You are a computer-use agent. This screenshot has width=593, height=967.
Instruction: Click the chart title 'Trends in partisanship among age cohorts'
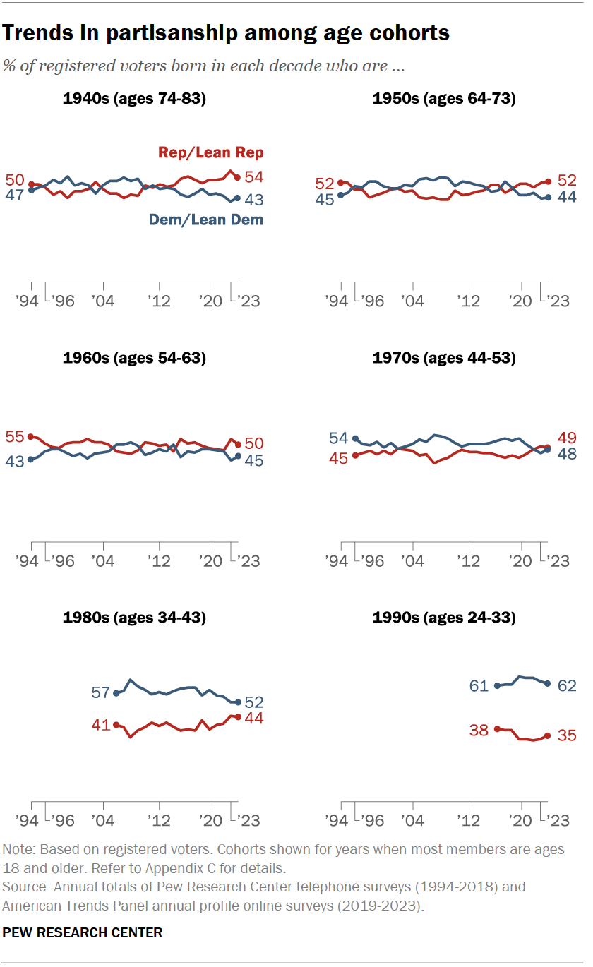(227, 32)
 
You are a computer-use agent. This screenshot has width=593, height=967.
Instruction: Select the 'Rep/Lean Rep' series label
(210, 152)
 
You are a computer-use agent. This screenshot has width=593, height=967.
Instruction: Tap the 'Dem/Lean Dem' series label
(205, 220)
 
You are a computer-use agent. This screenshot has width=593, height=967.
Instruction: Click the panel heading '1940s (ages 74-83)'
(134, 99)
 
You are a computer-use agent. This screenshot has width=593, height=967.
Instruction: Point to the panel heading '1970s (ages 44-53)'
(444, 359)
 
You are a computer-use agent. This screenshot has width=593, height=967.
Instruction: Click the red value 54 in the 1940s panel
(253, 177)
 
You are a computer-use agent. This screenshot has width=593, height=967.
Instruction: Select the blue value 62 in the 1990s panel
(567, 685)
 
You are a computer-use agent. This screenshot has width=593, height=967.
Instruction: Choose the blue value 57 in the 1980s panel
(101, 692)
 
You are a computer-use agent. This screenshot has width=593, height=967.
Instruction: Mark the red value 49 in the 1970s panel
(567, 437)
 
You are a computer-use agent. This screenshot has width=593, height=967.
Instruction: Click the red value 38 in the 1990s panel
(479, 730)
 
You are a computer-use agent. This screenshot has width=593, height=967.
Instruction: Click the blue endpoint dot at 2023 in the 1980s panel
(238, 702)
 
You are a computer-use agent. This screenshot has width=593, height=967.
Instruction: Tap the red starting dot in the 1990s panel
(497, 728)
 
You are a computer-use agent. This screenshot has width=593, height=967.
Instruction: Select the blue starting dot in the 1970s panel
(355, 438)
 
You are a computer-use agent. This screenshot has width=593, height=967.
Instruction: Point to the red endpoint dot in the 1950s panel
(548, 181)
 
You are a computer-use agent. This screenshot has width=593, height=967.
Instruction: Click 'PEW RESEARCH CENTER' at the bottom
(83, 932)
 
